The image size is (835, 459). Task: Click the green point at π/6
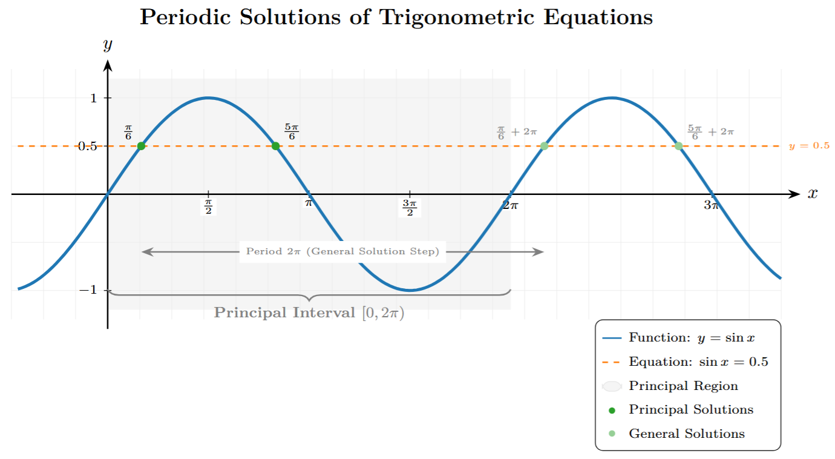tap(141, 146)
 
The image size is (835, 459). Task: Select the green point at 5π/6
tap(275, 146)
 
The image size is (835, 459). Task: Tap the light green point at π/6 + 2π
tap(544, 146)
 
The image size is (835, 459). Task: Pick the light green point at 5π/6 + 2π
tap(678, 146)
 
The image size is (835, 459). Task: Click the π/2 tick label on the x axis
tap(208, 206)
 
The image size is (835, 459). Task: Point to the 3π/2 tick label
tap(410, 206)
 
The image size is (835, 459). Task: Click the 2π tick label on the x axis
tap(511, 205)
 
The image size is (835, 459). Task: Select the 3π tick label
tap(712, 205)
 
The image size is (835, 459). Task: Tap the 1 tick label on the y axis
tap(93, 98)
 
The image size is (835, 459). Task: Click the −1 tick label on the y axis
tap(88, 290)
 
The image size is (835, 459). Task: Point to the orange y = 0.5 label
tap(809, 146)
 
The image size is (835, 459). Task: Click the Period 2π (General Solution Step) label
tap(342, 251)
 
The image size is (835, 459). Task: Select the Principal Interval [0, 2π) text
tap(309, 313)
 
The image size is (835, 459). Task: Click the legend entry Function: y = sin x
tap(692, 338)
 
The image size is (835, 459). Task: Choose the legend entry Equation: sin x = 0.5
tap(698, 362)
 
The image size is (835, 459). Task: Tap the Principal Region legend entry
tap(683, 386)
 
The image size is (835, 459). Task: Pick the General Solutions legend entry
tap(686, 434)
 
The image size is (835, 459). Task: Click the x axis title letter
tap(813, 193)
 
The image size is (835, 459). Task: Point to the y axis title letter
tap(108, 44)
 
